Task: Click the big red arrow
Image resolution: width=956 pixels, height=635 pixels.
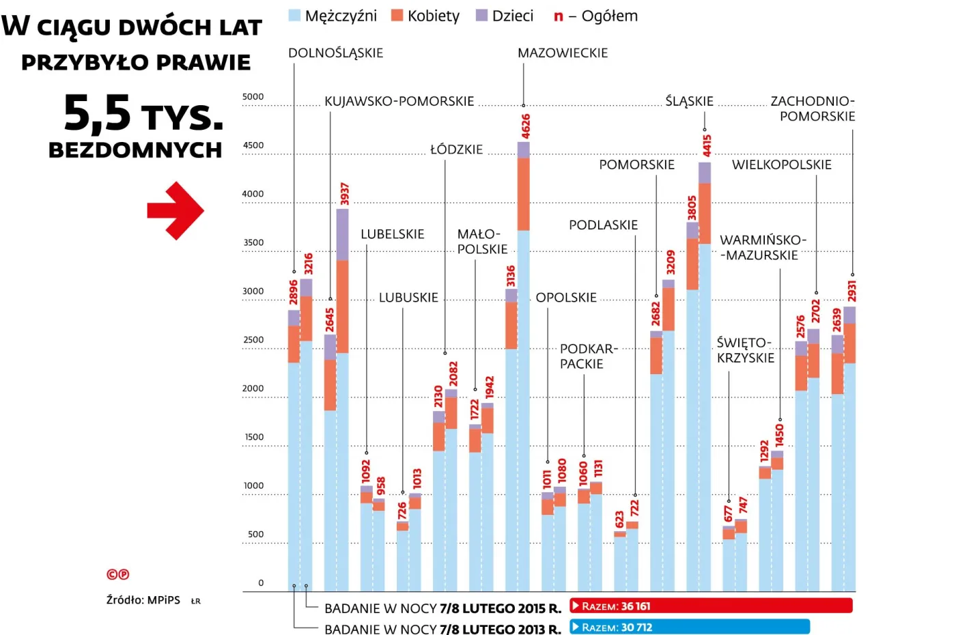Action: click(175, 210)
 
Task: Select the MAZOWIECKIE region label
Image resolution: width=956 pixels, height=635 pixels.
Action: click(562, 53)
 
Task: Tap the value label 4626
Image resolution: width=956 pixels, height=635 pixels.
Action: click(526, 127)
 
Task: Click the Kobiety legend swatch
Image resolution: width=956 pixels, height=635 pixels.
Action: click(397, 16)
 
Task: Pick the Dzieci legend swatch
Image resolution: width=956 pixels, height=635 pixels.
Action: click(481, 16)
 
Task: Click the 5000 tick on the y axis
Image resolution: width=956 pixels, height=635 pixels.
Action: click(253, 97)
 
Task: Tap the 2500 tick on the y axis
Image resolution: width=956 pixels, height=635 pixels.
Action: click(253, 340)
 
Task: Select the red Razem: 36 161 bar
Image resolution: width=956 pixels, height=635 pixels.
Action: click(711, 606)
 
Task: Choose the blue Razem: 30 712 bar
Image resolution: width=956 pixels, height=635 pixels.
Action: click(690, 627)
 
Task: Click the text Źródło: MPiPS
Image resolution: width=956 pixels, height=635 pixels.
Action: click(143, 600)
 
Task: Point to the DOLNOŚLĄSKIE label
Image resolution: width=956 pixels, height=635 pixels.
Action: click(335, 53)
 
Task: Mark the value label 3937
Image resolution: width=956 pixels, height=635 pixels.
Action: click(345, 194)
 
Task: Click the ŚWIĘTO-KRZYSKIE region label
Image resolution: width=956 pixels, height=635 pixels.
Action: click(745, 350)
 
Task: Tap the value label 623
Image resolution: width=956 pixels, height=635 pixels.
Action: click(619, 520)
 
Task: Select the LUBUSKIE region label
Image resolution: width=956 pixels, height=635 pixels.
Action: click(408, 298)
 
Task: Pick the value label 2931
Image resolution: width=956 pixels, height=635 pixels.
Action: click(852, 291)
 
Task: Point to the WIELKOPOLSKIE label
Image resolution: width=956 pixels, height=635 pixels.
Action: click(781, 165)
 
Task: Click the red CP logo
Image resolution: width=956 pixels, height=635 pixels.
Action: click(117, 574)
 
